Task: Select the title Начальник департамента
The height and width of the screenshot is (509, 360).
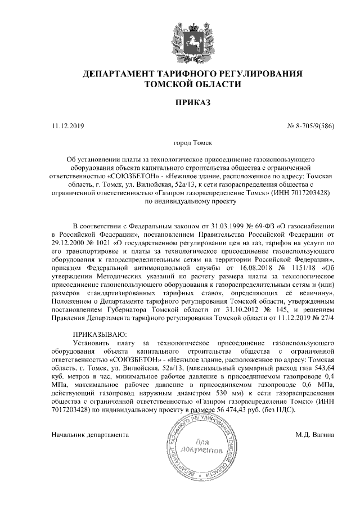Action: [x=90, y=435]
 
